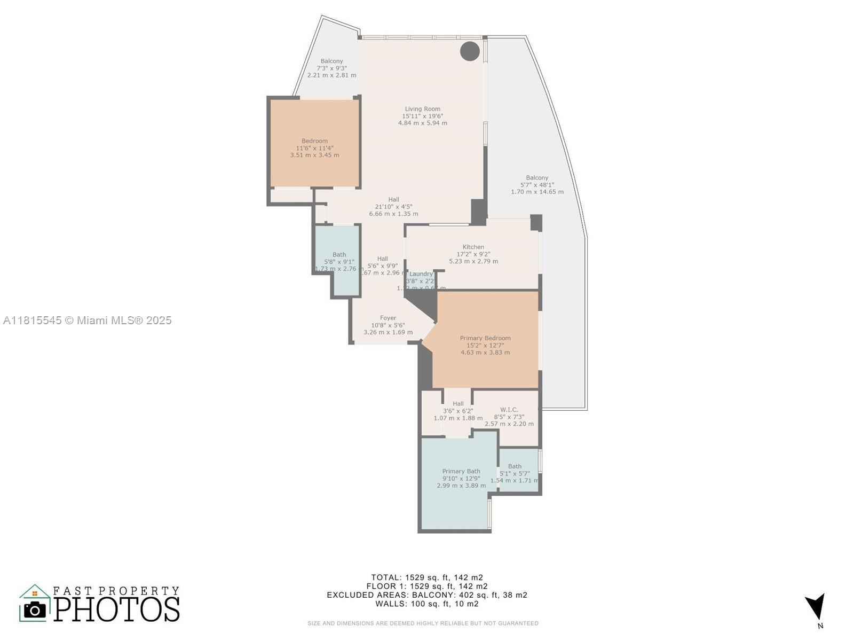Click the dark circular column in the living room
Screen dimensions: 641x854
click(x=470, y=51)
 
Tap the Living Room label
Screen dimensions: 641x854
click(x=422, y=109)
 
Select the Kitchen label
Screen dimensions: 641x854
click(x=473, y=247)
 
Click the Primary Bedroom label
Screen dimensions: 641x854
click(x=485, y=338)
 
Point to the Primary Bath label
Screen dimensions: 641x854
click(x=461, y=471)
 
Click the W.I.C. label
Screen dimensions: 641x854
click(x=509, y=410)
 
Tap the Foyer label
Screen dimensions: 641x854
click(x=388, y=318)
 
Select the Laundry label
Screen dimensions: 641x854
click(x=421, y=274)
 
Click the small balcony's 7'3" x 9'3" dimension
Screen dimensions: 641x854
click(x=331, y=68)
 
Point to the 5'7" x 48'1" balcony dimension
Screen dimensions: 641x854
click(x=537, y=185)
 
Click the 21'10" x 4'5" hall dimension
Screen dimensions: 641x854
click(x=393, y=207)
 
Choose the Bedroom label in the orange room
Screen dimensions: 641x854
click(x=314, y=141)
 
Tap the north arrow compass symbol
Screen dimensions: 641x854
click(x=817, y=608)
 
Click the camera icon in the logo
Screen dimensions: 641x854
click(x=35, y=609)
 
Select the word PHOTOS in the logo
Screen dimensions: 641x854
click(x=116, y=609)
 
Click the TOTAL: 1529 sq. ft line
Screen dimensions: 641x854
click(x=427, y=577)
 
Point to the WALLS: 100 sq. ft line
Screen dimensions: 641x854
click(x=427, y=604)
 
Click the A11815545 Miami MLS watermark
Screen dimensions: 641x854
click(x=88, y=320)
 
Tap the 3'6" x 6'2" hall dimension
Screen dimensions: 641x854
click(x=458, y=411)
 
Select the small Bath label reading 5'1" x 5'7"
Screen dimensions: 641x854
click(x=515, y=466)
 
